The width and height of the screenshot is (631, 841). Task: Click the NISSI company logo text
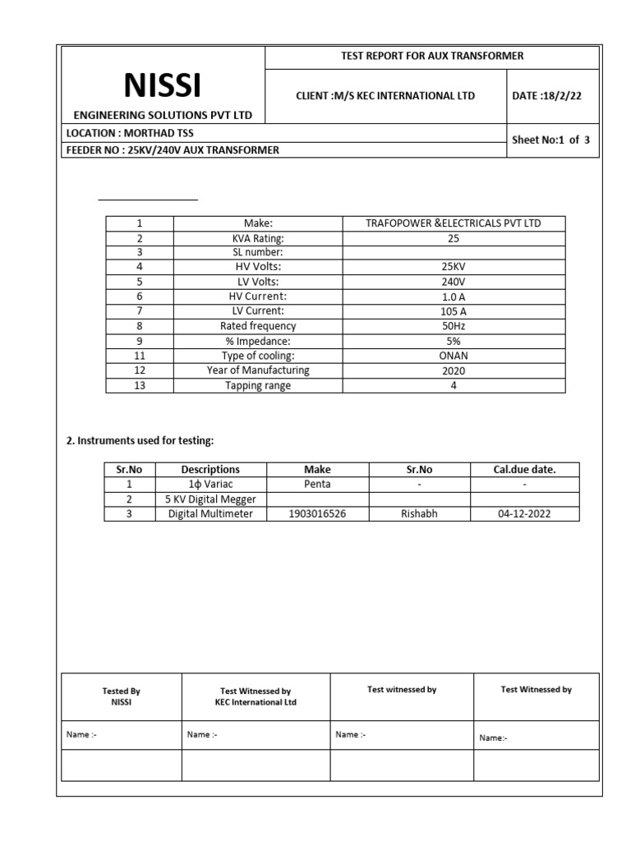[x=162, y=85]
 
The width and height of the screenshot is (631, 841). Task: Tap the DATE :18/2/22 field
[x=547, y=96]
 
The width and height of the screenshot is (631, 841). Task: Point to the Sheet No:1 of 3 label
[x=550, y=140]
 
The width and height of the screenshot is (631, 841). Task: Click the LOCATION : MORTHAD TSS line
[x=130, y=132]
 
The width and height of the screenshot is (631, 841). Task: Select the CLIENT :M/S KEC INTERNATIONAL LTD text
[x=385, y=96]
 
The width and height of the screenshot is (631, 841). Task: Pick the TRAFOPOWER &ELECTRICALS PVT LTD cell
[x=453, y=223]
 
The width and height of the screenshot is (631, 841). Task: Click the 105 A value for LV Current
[x=453, y=311]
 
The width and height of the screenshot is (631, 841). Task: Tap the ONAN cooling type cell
[x=453, y=356]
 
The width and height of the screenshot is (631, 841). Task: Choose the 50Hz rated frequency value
[x=453, y=326]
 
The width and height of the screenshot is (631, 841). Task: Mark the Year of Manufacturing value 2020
[x=453, y=370]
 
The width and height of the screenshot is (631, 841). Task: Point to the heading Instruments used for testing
[x=140, y=441]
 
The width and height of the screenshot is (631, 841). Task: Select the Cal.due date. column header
[x=524, y=470]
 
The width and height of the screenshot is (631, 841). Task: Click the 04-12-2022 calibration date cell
[x=524, y=514]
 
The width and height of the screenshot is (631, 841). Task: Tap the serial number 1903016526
[x=317, y=514]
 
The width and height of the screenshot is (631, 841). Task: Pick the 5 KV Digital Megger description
[x=210, y=499]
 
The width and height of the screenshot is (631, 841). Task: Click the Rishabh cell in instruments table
[x=419, y=514]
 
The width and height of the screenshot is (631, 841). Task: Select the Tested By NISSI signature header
[x=121, y=696]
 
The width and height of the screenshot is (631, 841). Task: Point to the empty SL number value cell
[x=453, y=253]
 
